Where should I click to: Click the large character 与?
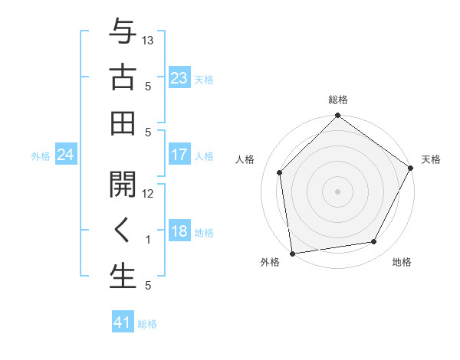pos(123,33)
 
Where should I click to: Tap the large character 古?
pos(123,78)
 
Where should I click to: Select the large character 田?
pos(123,123)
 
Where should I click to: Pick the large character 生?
pos(123,277)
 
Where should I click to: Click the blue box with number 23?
pos(179,78)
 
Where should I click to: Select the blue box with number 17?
pos(179,155)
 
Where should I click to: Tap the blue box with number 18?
pos(179,232)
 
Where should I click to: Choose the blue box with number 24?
pos(65,155)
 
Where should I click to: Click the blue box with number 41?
pos(123,322)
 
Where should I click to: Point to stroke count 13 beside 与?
pos(148,40)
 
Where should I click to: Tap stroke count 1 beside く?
pos(148,240)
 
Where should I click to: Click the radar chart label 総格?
pos(337,100)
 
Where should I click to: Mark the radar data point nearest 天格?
pos(411,168)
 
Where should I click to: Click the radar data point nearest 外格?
pos(292,253)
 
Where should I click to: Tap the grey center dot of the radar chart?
pos(337,191)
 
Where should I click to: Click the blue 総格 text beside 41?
pos(147,323)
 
